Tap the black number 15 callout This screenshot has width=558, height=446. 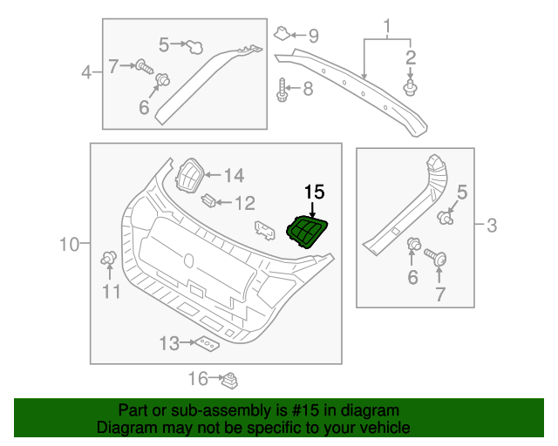313,191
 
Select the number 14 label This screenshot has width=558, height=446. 234,176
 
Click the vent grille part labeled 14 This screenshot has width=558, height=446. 189,175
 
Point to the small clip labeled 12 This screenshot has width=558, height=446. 209,201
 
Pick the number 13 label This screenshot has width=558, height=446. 169,343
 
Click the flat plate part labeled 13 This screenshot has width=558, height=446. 207,345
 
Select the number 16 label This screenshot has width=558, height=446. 199,378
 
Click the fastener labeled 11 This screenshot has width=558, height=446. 110,256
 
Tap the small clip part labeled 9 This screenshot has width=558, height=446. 282,34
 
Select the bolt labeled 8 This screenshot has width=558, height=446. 282,89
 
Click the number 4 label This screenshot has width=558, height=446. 86,71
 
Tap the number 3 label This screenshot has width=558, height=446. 492,227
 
